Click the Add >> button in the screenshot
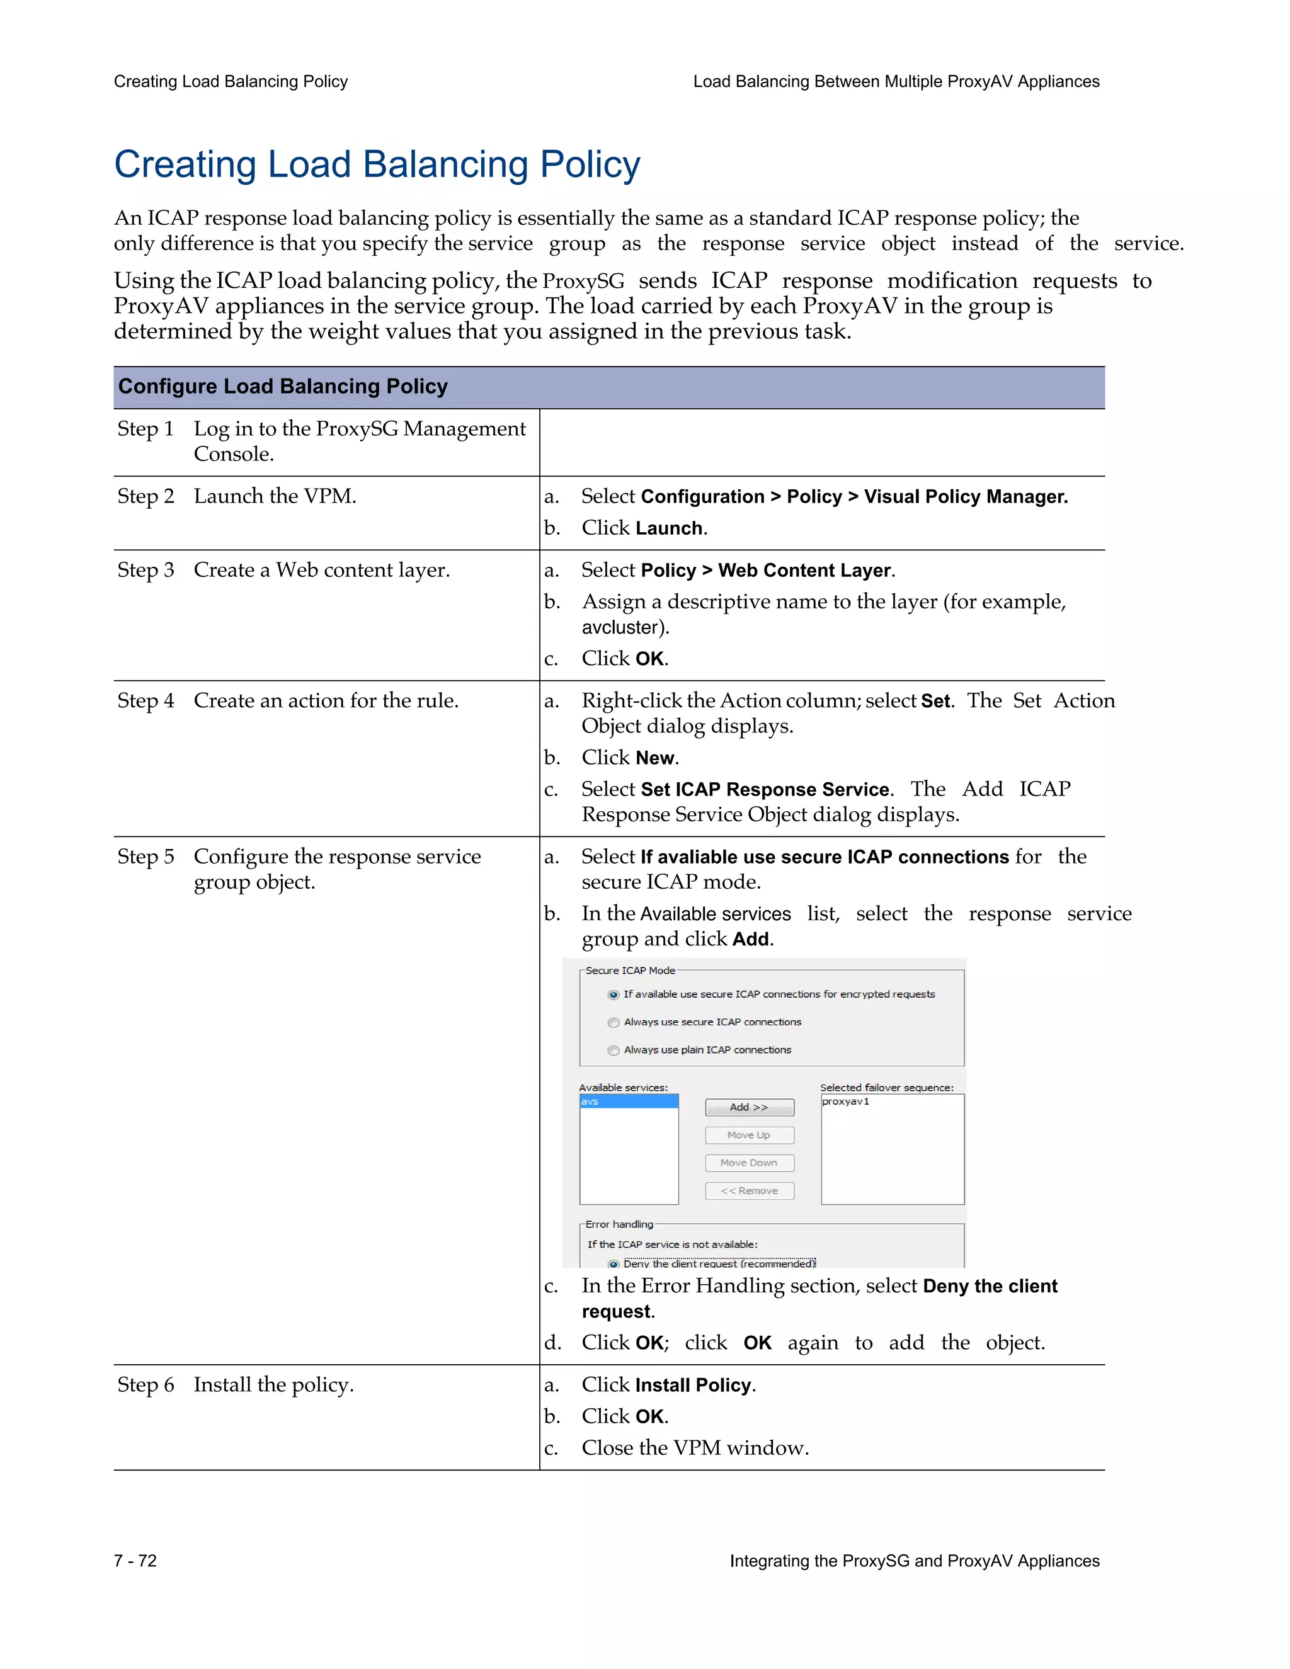click(x=749, y=1107)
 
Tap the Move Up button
click(x=749, y=1135)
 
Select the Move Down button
click(x=749, y=1163)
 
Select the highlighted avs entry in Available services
click(x=628, y=1101)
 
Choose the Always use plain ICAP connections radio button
click(x=613, y=1051)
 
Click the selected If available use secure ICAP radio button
click(x=613, y=995)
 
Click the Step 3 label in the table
click(x=146, y=570)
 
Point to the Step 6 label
click(x=146, y=1385)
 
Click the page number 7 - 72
click(x=135, y=1561)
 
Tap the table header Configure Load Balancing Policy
click(x=283, y=387)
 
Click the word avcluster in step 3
click(x=620, y=627)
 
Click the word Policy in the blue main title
click(x=590, y=164)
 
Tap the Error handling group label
click(x=619, y=1224)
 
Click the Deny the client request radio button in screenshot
click(x=613, y=1264)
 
